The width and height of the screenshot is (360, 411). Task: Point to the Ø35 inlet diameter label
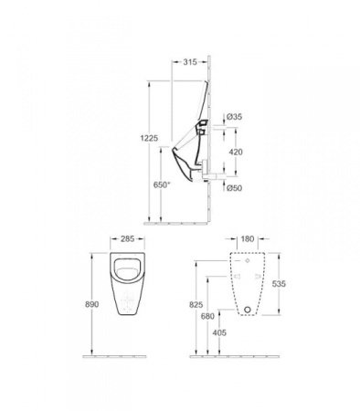click(234, 117)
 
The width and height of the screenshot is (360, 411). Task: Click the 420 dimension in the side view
click(235, 153)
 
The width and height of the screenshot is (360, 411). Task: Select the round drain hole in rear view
click(247, 310)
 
